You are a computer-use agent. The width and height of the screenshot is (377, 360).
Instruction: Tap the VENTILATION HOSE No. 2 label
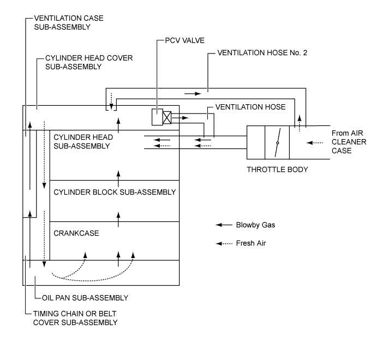point(260,54)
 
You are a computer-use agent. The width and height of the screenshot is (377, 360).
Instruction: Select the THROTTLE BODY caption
point(278,170)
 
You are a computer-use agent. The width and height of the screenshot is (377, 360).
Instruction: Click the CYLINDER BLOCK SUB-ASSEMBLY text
point(115,192)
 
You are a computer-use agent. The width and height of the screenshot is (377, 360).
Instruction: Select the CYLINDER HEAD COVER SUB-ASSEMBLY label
point(89,63)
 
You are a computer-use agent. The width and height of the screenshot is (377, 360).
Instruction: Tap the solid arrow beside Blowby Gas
point(224,225)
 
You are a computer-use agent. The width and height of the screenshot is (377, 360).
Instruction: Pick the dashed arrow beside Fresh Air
point(224,243)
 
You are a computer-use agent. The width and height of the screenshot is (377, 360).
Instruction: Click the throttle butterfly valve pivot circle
point(278,143)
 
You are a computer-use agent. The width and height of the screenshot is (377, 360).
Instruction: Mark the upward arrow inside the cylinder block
point(118,175)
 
